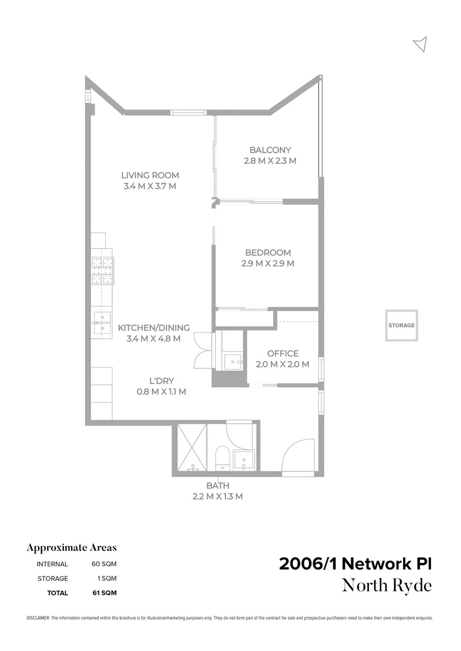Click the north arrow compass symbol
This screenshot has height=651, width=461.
click(x=421, y=44)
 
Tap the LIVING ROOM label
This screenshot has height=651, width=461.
click(x=149, y=175)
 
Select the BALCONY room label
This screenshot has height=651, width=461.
click(x=271, y=150)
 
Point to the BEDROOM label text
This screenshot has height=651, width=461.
click(x=268, y=253)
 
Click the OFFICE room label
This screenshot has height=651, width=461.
click(x=283, y=353)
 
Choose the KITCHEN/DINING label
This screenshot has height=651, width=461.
click(x=154, y=328)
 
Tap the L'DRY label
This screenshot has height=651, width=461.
click(x=161, y=381)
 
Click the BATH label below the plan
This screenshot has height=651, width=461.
click(x=218, y=485)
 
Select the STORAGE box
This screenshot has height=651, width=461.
click(x=401, y=325)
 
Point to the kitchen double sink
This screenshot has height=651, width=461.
click(x=101, y=322)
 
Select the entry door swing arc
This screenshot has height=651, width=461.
click(x=298, y=454)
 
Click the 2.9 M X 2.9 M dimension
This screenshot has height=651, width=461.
click(x=268, y=263)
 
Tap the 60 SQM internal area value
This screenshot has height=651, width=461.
click(x=104, y=564)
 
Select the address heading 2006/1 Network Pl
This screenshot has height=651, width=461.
click(x=356, y=564)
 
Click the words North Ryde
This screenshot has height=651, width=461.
click(x=387, y=585)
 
